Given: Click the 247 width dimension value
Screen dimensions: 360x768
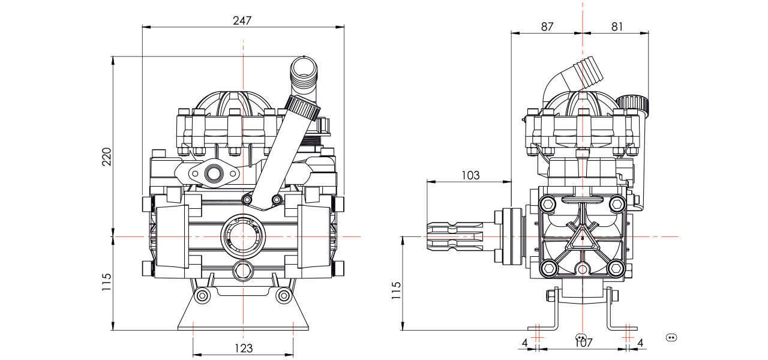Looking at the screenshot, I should coord(242,19).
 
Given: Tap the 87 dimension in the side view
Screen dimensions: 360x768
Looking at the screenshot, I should coord(547,26).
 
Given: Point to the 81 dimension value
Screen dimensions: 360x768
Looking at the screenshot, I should coord(617,26).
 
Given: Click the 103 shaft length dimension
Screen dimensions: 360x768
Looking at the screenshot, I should coord(471,175).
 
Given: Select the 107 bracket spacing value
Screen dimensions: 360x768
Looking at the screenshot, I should coord(583,343).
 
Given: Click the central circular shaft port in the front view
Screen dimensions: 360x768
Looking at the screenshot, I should coord(242,236).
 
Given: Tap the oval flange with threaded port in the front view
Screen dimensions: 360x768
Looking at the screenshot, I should coord(213,175).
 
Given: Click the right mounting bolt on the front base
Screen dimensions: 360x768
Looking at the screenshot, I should coord(283,296).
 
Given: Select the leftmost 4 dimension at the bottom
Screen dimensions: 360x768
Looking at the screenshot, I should coord(524,343).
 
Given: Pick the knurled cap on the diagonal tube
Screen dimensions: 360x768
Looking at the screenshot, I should coord(303,108).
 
